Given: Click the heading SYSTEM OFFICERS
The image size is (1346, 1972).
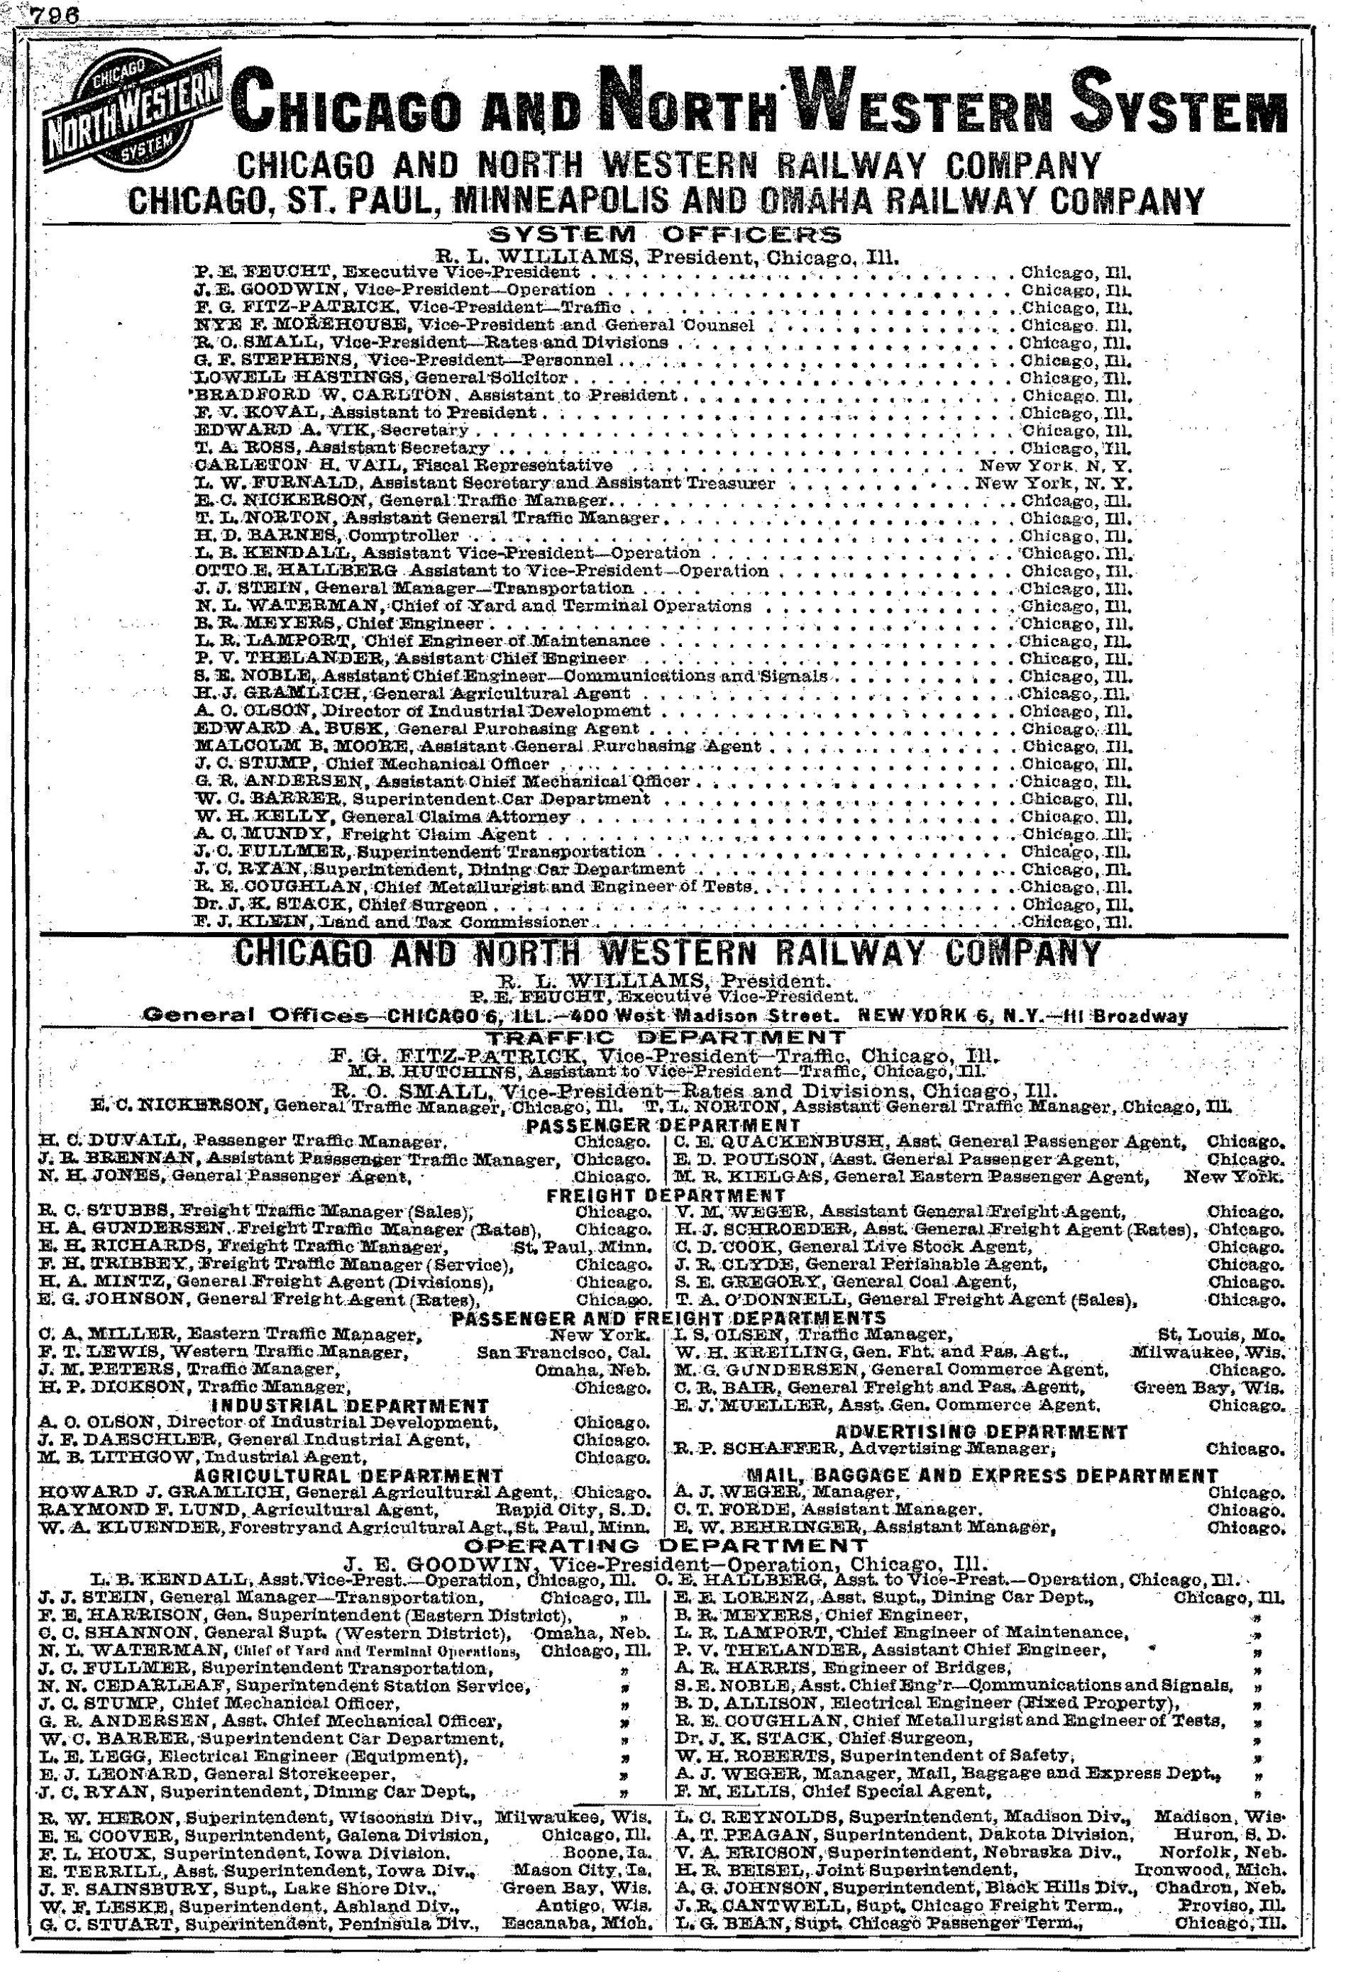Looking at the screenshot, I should (x=665, y=235).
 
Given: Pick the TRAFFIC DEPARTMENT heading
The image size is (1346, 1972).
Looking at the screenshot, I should (x=665, y=1037).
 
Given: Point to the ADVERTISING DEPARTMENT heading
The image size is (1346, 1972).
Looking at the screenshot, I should (x=982, y=1431).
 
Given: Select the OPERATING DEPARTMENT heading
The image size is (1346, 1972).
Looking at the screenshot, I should (x=665, y=1545).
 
